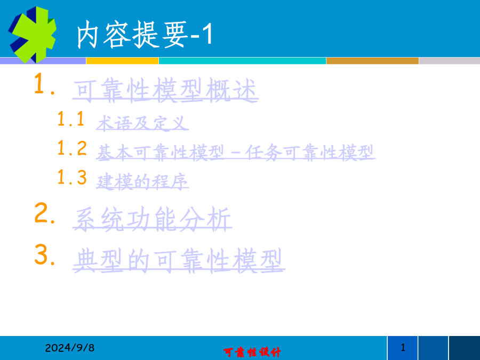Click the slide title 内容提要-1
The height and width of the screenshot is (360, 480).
click(x=145, y=35)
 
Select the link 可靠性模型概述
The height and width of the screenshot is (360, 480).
click(x=165, y=90)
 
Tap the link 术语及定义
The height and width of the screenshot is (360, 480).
click(x=142, y=123)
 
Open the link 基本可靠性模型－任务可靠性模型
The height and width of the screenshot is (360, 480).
click(x=236, y=153)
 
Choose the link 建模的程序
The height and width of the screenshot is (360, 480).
click(x=142, y=181)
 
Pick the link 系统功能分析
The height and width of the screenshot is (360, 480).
click(x=152, y=219)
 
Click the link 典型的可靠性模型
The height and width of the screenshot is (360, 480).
click(x=179, y=260)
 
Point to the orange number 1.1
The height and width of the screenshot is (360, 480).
click(x=71, y=119)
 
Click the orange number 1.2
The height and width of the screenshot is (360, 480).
click(x=72, y=148)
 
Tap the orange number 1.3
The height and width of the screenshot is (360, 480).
click(x=72, y=177)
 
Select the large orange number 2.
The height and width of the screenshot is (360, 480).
click(x=45, y=213)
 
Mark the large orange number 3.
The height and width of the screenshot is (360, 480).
click(x=45, y=254)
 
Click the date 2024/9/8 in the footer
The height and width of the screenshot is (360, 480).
click(x=70, y=348)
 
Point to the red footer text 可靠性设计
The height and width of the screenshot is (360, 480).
click(x=252, y=352)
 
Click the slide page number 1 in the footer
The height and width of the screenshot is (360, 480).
click(x=403, y=347)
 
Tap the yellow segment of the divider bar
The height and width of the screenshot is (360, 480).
click(x=123, y=61)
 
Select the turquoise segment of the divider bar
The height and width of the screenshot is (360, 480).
click(x=243, y=61)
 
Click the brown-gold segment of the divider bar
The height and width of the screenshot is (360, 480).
click(x=373, y=61)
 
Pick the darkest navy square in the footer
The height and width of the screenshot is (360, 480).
click(x=465, y=348)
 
